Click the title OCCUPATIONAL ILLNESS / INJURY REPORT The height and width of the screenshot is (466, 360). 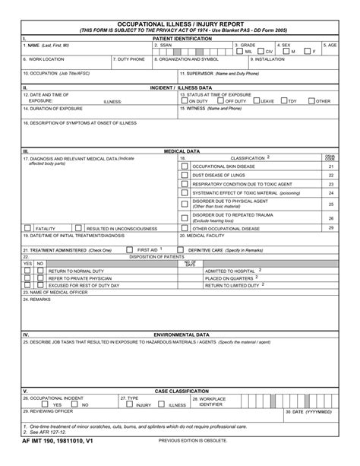tap(180, 24)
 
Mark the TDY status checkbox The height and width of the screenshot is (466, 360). tap(283, 100)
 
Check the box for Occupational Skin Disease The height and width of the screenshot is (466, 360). tap(184, 166)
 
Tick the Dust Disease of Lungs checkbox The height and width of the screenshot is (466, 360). tap(184, 175)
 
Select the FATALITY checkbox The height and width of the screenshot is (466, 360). tap(28, 227)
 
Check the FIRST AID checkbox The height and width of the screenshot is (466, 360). tap(131, 249)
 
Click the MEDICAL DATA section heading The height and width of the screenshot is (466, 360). tap(181, 151)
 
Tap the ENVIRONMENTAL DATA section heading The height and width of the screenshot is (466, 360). tap(181, 334)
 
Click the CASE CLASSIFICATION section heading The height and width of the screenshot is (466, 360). tap(181, 391)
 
